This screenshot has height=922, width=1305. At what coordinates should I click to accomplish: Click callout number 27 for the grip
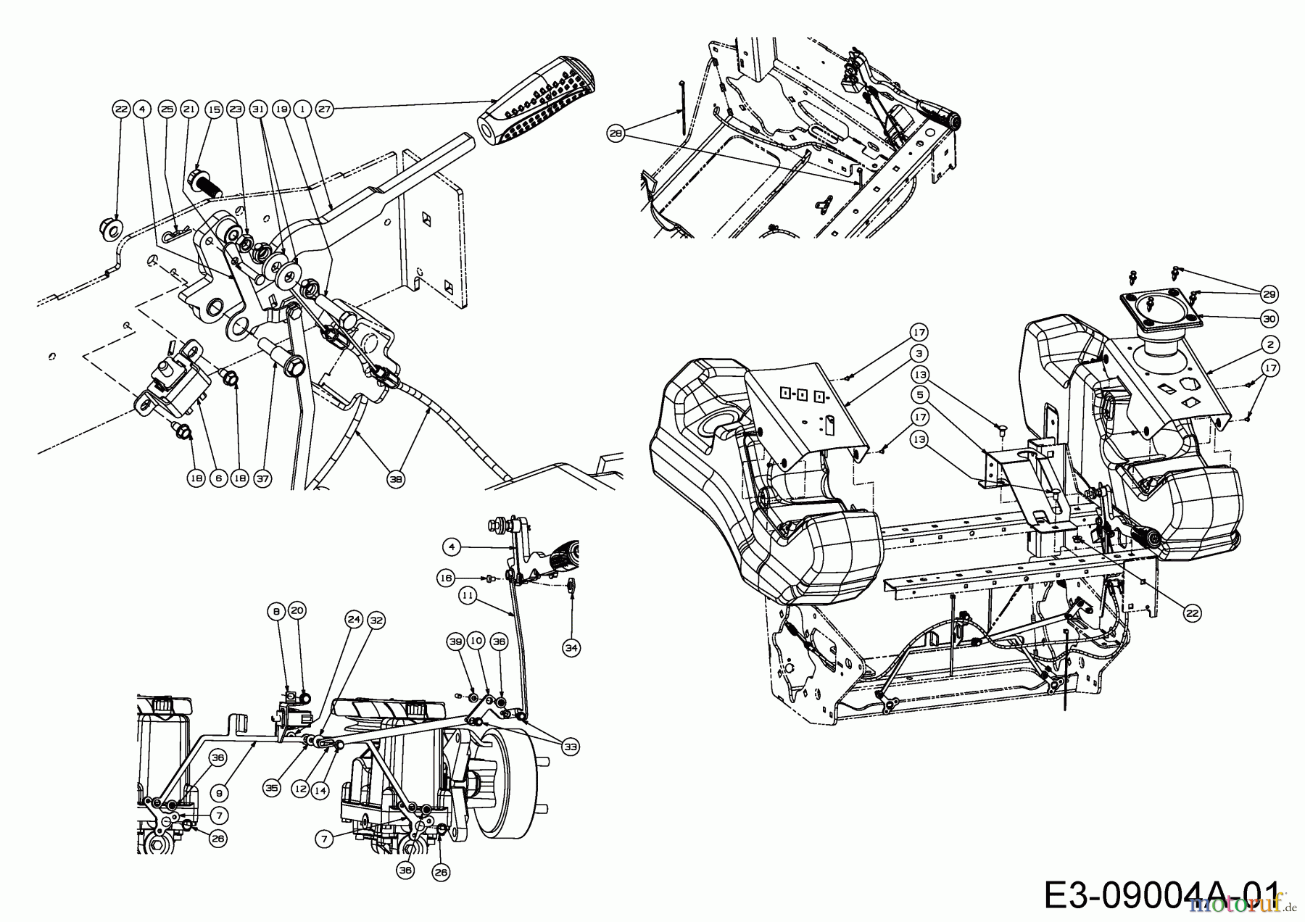coord(324,109)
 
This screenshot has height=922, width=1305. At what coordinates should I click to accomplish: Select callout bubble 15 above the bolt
coord(213,109)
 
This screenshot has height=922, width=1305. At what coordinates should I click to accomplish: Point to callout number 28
coord(617,133)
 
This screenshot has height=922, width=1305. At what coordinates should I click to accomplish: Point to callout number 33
coord(572,746)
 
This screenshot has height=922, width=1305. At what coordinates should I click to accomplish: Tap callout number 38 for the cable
coord(395,479)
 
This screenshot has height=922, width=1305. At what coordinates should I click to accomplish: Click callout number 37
coord(262,479)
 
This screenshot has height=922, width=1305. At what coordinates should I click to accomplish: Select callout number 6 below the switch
coord(217,479)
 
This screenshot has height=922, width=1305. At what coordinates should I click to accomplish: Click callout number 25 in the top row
coord(167,109)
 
